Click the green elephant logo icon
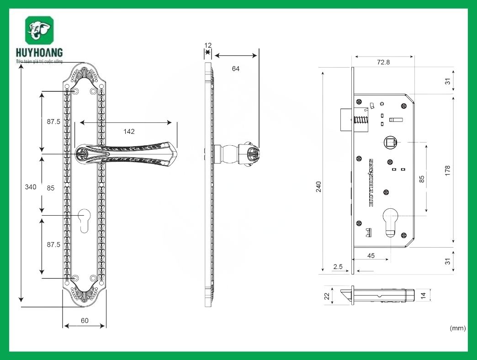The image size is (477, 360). pyautogui.click(x=39, y=31)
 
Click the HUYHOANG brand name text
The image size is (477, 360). pyautogui.click(x=39, y=53)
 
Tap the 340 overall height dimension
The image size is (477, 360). pyautogui.click(x=31, y=187)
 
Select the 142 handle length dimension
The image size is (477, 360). pyautogui.click(x=129, y=132)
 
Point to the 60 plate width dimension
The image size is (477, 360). pyautogui.click(x=85, y=321)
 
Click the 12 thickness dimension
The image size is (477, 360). pyautogui.click(x=208, y=45)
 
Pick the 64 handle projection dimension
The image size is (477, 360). pyautogui.click(x=236, y=69)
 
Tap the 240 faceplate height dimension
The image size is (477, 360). pyautogui.click(x=319, y=186)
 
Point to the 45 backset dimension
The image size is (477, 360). pyautogui.click(x=371, y=256)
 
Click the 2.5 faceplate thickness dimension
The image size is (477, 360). pyautogui.click(x=338, y=266)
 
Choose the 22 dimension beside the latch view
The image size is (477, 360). pyautogui.click(x=327, y=296)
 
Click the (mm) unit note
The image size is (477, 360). pyautogui.click(x=457, y=328)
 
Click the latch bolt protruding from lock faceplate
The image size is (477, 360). pyautogui.click(x=346, y=119)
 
